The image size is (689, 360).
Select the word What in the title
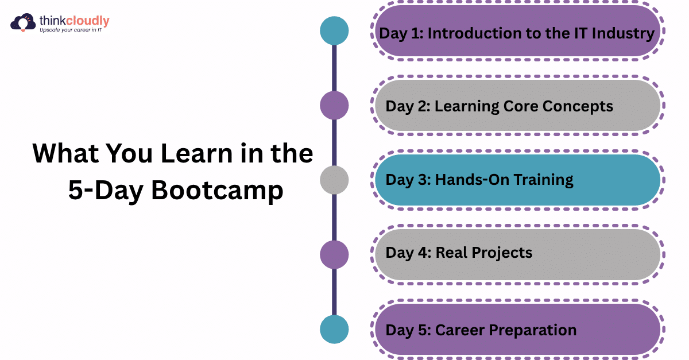pos(61,154)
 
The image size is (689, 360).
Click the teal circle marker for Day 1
pos(334,30)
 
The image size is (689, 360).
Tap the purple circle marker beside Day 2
pos(334,106)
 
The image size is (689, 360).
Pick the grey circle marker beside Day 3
pos(334,180)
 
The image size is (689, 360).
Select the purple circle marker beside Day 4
pos(334,254)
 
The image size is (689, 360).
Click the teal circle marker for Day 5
pos(334,330)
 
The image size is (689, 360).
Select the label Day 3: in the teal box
pos(408,180)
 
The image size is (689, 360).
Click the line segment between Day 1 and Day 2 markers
pos(334,68)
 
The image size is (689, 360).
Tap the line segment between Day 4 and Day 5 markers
pos(334,292)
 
